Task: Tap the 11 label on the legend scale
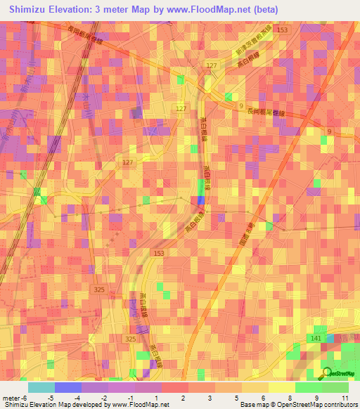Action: pos(345,398)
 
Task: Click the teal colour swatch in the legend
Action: pos(41,387)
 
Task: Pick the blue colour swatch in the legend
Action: pos(67,387)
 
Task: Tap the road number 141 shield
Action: pos(315,339)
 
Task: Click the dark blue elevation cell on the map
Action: pos(202,200)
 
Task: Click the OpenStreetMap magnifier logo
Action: pos(327,373)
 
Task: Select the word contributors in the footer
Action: pos(335,405)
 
